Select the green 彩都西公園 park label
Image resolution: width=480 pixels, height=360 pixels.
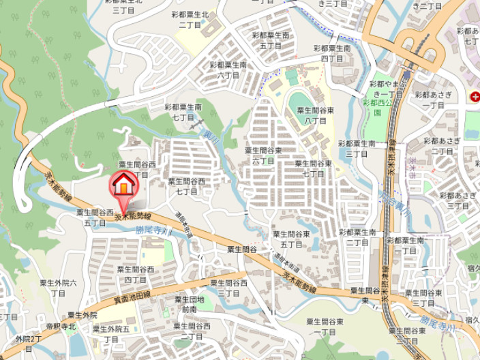376,108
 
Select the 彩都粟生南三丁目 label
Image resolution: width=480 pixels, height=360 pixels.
357,149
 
